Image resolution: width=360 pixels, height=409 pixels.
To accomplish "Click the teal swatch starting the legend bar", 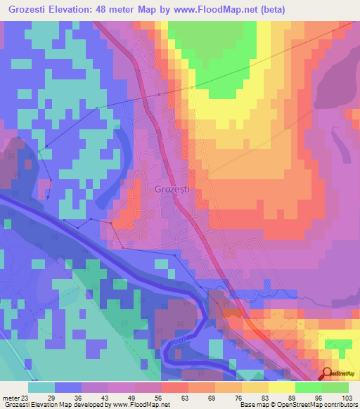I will coord(41,387).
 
